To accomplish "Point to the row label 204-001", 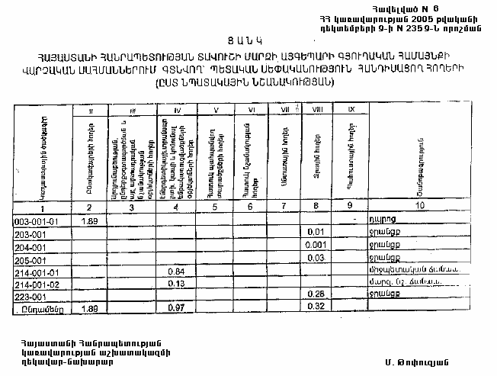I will click(30, 246).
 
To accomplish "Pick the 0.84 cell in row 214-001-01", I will click(176, 272).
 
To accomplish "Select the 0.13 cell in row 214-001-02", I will click(176, 284).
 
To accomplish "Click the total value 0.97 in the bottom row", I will click(176, 308).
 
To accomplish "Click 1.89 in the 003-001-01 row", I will click(88, 221).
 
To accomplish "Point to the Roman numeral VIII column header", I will click(317, 111).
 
